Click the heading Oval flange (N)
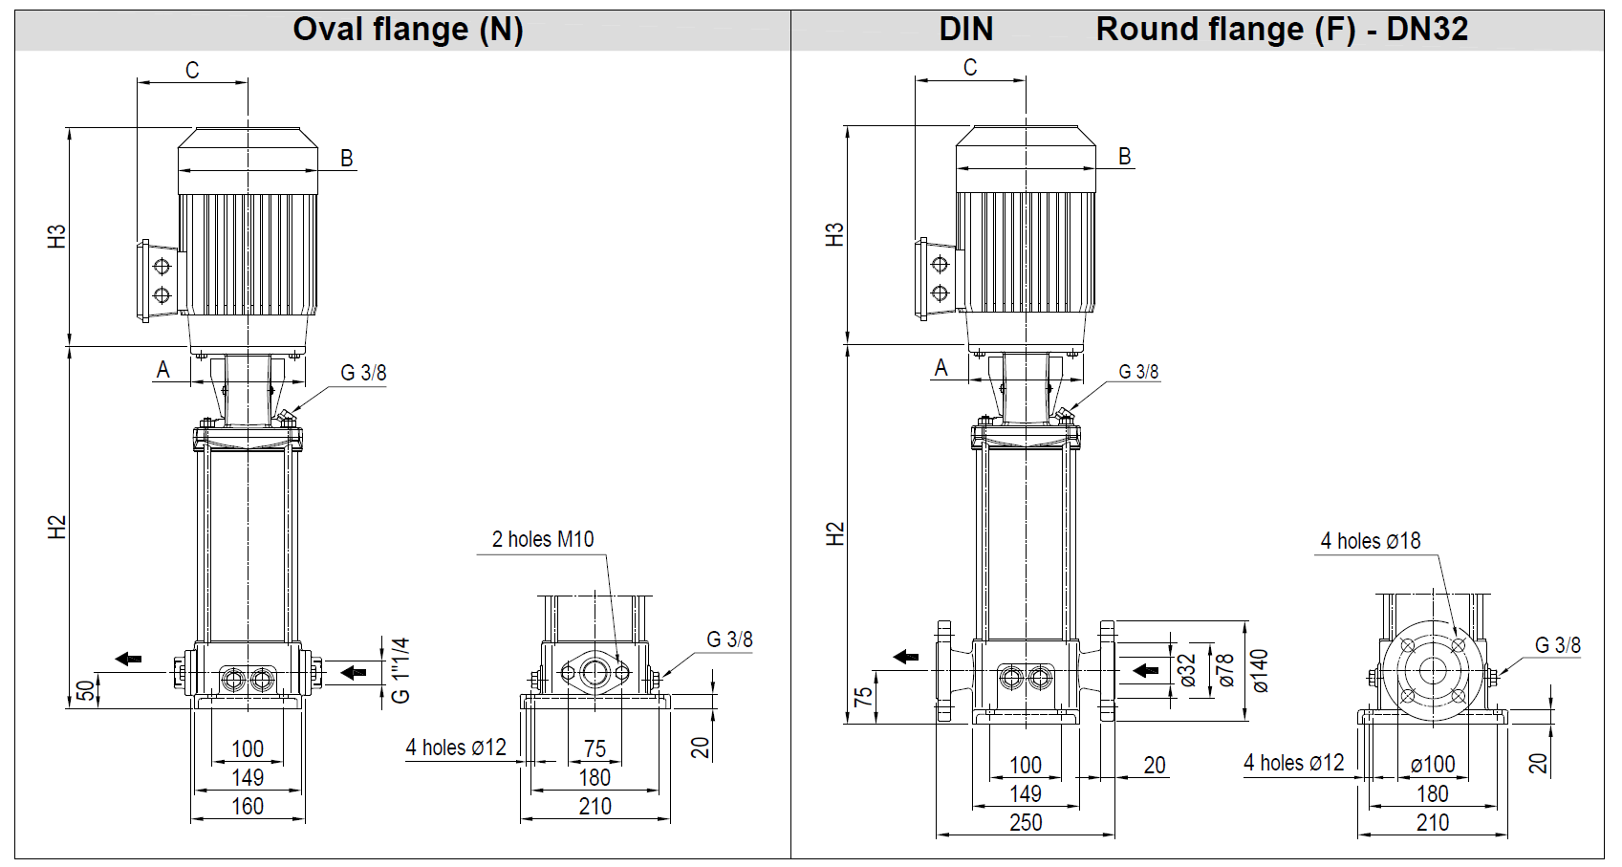pyautogui.click(x=407, y=30)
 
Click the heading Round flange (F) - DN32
pyautogui.click(x=1281, y=30)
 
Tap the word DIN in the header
pyautogui.click(x=965, y=30)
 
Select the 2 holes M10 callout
pyautogui.click(x=542, y=539)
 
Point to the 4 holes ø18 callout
pyautogui.click(x=1370, y=541)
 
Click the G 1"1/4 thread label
pyautogui.click(x=400, y=670)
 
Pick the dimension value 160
pyautogui.click(x=248, y=807)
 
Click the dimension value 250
pyautogui.click(x=1026, y=823)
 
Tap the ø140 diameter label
pyautogui.click(x=1260, y=670)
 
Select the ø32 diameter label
pyautogui.click(x=1188, y=670)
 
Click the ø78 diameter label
pyautogui.click(x=1225, y=670)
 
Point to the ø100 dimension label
pyautogui.click(x=1432, y=765)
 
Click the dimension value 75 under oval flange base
pyautogui.click(x=595, y=749)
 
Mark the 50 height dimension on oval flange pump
pyautogui.click(x=85, y=690)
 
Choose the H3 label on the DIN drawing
pyautogui.click(x=834, y=235)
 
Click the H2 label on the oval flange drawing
pyautogui.click(x=57, y=527)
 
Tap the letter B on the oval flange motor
pyautogui.click(x=347, y=159)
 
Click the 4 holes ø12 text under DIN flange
pyautogui.click(x=1293, y=763)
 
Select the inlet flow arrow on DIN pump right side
pyautogui.click(x=1145, y=670)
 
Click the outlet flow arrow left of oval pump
pyautogui.click(x=128, y=659)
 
